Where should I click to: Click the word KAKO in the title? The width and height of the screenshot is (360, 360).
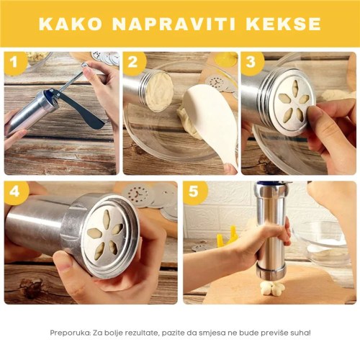71,24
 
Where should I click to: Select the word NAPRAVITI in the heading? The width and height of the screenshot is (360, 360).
174,24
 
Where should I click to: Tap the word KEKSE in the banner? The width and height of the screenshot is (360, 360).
283,24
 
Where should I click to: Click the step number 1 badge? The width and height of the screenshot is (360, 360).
14,63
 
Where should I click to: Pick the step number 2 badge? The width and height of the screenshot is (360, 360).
133,63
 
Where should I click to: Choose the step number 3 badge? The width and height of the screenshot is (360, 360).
251,63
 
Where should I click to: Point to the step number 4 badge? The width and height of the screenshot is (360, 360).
15,192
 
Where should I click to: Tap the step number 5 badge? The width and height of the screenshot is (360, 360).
194,192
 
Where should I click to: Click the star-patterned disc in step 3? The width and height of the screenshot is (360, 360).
294,102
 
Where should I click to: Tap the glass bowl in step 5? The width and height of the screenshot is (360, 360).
323,243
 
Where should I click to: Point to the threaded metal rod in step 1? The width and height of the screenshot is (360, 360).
71,79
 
